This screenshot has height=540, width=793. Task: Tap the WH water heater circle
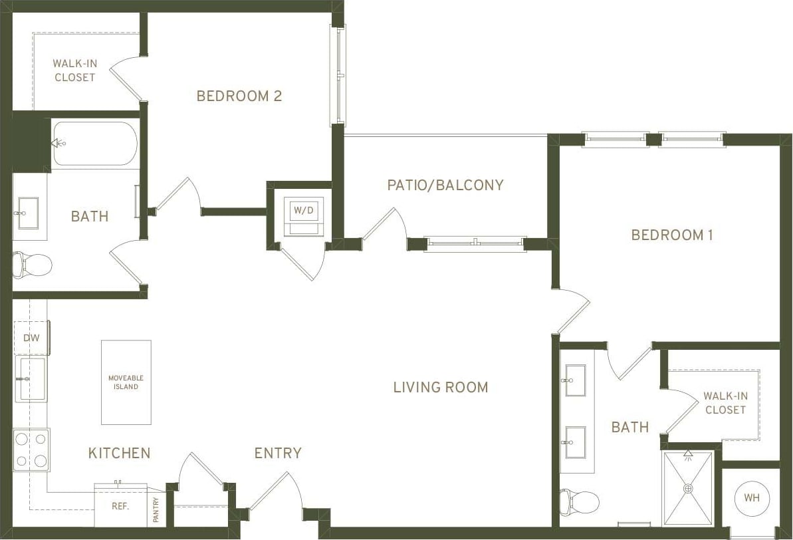pyautogui.click(x=752, y=498)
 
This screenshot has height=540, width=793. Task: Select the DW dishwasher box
pyautogui.click(x=31, y=338)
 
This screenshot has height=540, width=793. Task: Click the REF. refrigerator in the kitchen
pyautogui.click(x=120, y=506)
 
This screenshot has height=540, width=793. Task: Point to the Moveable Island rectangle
pyautogui.click(x=126, y=382)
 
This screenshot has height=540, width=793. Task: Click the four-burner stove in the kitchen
pyautogui.click(x=31, y=450)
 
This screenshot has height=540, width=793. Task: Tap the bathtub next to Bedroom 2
pyautogui.click(x=94, y=143)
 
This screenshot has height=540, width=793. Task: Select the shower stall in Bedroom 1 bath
pyautogui.click(x=688, y=488)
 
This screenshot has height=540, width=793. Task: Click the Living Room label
pyautogui.click(x=440, y=387)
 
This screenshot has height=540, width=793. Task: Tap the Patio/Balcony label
pyautogui.click(x=445, y=185)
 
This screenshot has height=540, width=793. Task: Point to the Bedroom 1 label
pyautogui.click(x=671, y=235)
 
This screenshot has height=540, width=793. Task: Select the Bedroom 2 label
pyautogui.click(x=239, y=96)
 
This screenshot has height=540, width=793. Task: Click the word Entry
pyautogui.click(x=278, y=453)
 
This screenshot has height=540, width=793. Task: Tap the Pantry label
pyautogui.click(x=156, y=510)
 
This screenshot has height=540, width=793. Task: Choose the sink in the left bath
pyautogui.click(x=28, y=213)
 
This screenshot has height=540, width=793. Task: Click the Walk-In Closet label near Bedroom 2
pyautogui.click(x=74, y=70)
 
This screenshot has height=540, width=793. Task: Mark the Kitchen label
pyautogui.click(x=119, y=453)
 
